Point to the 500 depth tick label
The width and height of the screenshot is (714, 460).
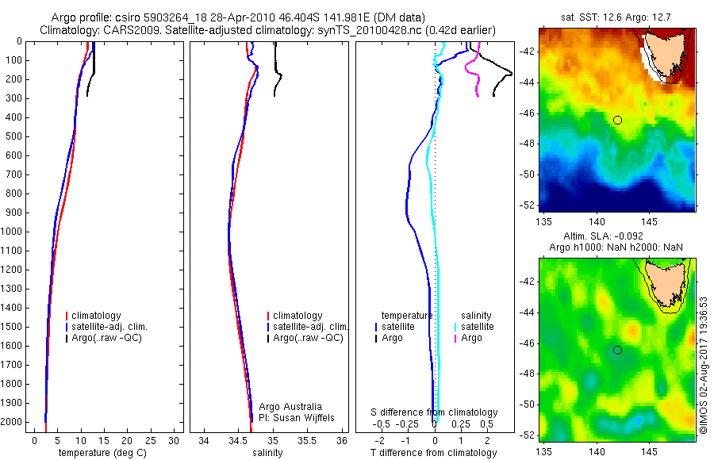click(13, 136)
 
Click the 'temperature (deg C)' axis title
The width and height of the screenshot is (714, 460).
click(101, 453)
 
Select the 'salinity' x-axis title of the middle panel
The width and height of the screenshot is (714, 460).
click(267, 453)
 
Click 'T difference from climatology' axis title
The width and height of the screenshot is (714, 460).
click(434, 453)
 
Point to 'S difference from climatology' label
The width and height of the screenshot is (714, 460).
click(435, 413)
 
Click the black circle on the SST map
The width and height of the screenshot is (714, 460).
click(617, 120)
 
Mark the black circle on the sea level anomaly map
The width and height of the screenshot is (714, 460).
click(617, 350)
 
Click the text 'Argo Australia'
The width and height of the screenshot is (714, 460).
click(290, 407)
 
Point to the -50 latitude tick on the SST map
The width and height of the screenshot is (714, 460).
click(528, 174)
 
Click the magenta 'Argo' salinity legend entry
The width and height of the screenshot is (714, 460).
click(471, 338)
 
